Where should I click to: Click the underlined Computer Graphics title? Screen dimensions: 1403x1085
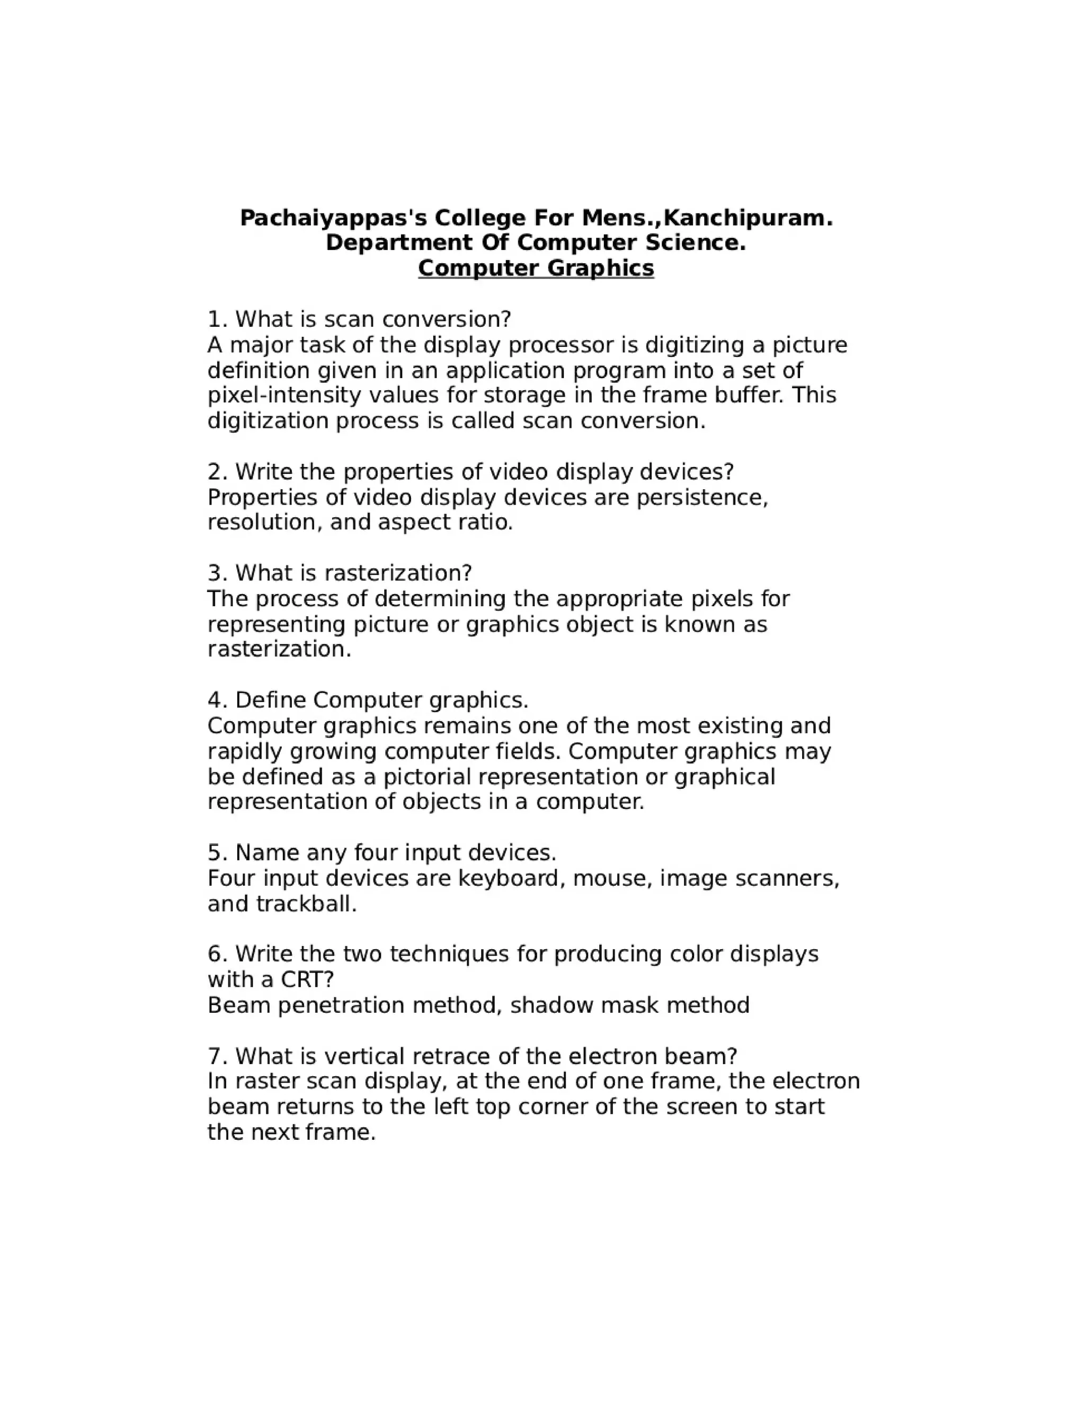pyautogui.click(x=536, y=268)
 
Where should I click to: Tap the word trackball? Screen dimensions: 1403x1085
pyautogui.click(x=306, y=904)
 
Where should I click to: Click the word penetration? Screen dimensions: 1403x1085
pyautogui.click(x=341, y=1005)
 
